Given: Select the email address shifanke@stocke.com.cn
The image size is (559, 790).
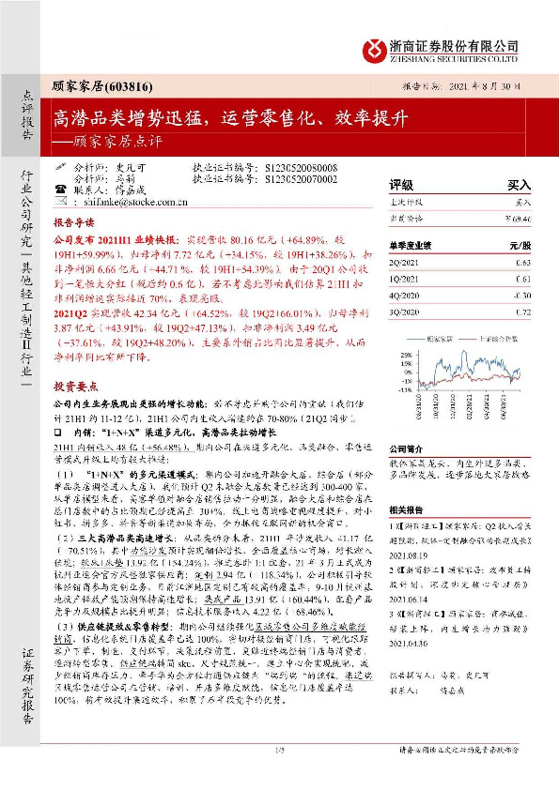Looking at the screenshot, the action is pos(144,201).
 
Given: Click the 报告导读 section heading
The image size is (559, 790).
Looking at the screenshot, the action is pos(73,225).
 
